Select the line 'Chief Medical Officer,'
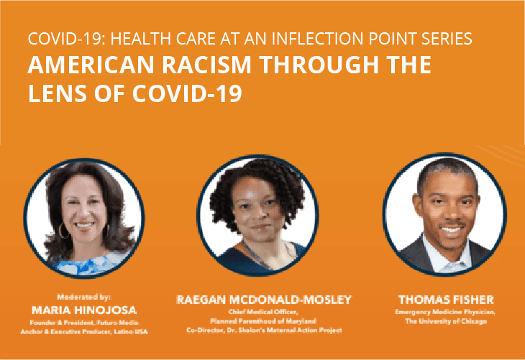click(260, 313)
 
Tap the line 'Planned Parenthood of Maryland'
click(260, 320)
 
